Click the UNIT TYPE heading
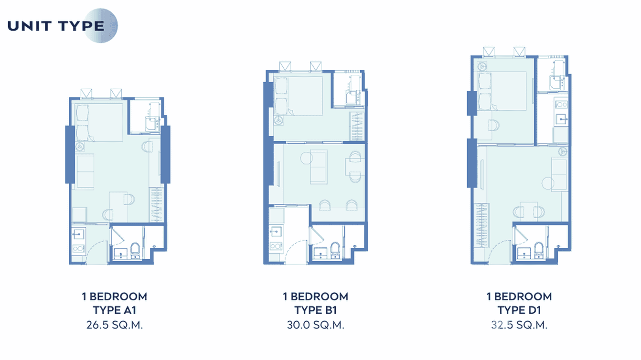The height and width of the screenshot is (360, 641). coord(56,26)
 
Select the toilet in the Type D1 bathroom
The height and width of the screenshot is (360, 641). coord(538,250)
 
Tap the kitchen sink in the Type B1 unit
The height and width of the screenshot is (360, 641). coord(276,232)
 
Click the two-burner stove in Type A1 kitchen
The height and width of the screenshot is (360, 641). coord(78,248)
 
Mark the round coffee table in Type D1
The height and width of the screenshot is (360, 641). coord(548,182)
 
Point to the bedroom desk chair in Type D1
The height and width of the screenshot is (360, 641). coord(493,125)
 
